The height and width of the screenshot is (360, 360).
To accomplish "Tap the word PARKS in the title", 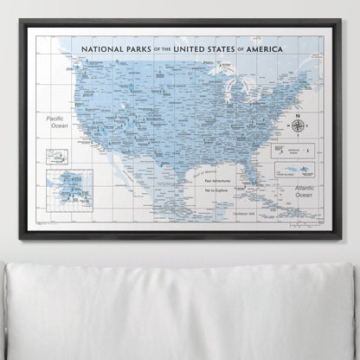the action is pyautogui.click(x=139, y=50).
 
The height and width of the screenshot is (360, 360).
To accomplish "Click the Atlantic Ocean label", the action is pyautogui.click(x=303, y=193).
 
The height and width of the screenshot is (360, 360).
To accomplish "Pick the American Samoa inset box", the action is pyautogui.click(x=306, y=150).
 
